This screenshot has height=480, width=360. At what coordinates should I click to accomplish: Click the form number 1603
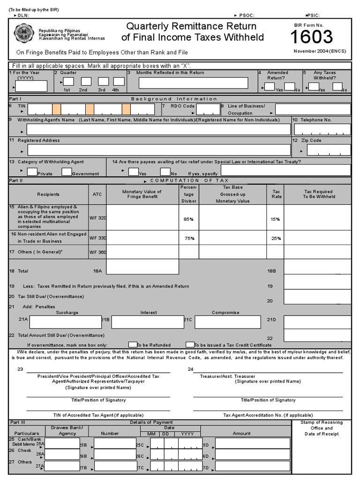[x=311, y=37]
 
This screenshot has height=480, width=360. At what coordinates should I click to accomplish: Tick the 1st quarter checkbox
[x=68, y=81]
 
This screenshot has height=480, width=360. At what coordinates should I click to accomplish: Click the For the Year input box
[x=32, y=86]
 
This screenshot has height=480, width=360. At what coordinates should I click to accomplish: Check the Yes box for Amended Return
[x=269, y=86]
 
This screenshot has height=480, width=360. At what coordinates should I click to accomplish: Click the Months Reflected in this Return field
[x=193, y=83]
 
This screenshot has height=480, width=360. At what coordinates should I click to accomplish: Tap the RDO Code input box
[x=208, y=109]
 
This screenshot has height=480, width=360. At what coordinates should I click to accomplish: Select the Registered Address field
[x=159, y=150]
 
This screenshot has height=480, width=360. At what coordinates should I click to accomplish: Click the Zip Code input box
[x=328, y=150]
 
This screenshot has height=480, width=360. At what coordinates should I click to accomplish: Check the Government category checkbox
[x=67, y=172]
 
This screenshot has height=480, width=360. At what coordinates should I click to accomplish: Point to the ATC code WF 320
[x=98, y=217]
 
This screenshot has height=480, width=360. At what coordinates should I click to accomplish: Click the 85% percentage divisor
[x=188, y=218]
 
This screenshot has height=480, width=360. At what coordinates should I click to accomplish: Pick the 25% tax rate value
[x=276, y=238]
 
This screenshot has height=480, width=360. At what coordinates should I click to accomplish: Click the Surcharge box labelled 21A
[x=65, y=322]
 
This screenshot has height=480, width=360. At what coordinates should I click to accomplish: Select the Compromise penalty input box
[x=227, y=322]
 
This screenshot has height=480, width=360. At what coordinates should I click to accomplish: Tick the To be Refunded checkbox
[x=133, y=345]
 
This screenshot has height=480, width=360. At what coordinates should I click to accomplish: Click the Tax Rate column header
[x=276, y=194]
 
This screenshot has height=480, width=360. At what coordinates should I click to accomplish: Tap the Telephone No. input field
[x=322, y=130]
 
